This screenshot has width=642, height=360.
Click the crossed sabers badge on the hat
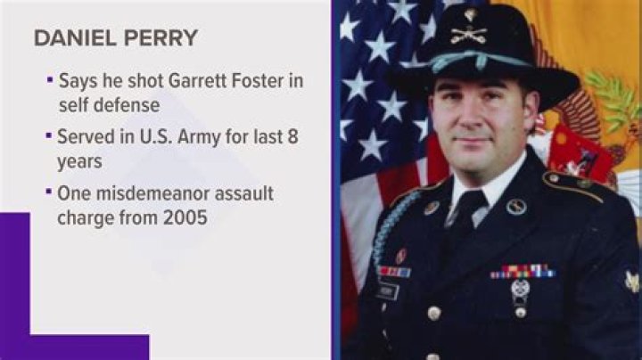pos(469,36)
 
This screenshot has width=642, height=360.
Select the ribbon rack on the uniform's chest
pos(523,271)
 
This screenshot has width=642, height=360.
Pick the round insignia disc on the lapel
pos(516,207)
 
